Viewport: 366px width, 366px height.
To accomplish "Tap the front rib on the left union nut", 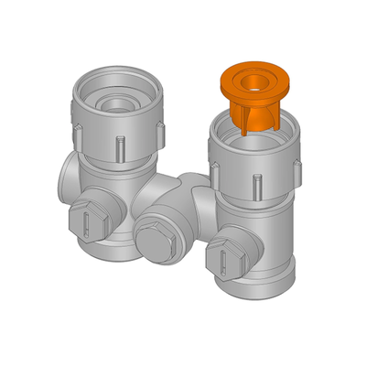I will (x=120, y=146).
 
